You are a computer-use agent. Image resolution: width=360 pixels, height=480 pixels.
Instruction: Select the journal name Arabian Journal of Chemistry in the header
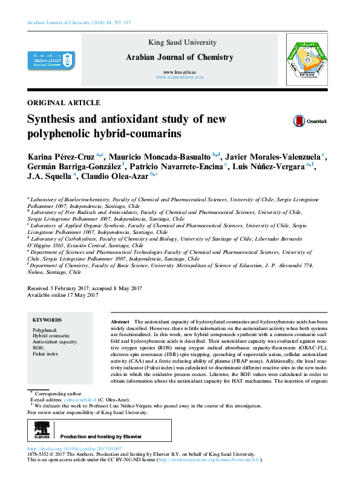tap(179, 57)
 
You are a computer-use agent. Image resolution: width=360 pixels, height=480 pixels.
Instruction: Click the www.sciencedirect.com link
tap(179, 78)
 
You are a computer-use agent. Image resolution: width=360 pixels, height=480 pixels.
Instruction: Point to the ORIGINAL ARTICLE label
tap(64, 103)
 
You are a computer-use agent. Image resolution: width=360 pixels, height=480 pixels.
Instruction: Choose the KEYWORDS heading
tap(47, 320)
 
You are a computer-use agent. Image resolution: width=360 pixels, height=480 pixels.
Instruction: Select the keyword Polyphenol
tap(45, 330)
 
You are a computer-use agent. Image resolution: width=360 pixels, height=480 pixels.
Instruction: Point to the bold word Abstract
tap(121, 322)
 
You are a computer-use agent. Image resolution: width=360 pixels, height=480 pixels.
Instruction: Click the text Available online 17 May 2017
tap(63, 295)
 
